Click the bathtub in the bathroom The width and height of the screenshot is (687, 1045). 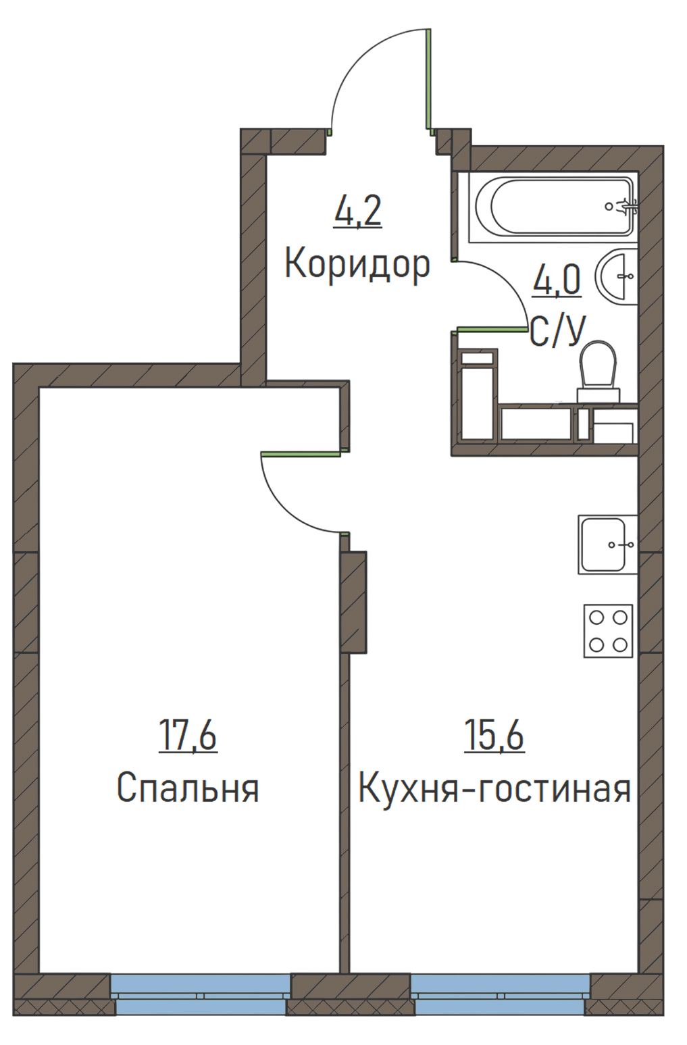pos(553,207)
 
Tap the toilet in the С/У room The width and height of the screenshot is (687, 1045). pos(599,372)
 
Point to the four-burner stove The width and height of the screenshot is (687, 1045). pos(608,631)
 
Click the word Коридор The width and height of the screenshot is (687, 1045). pos(357,265)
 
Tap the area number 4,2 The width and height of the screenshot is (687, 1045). pos(358,211)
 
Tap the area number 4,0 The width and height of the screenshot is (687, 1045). pos(557,280)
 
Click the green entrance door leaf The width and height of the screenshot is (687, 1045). pos(428,78)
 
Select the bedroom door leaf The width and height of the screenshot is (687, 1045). pos(301,453)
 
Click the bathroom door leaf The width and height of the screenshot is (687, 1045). pos(490,330)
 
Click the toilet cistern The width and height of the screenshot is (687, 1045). pos(599,396)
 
